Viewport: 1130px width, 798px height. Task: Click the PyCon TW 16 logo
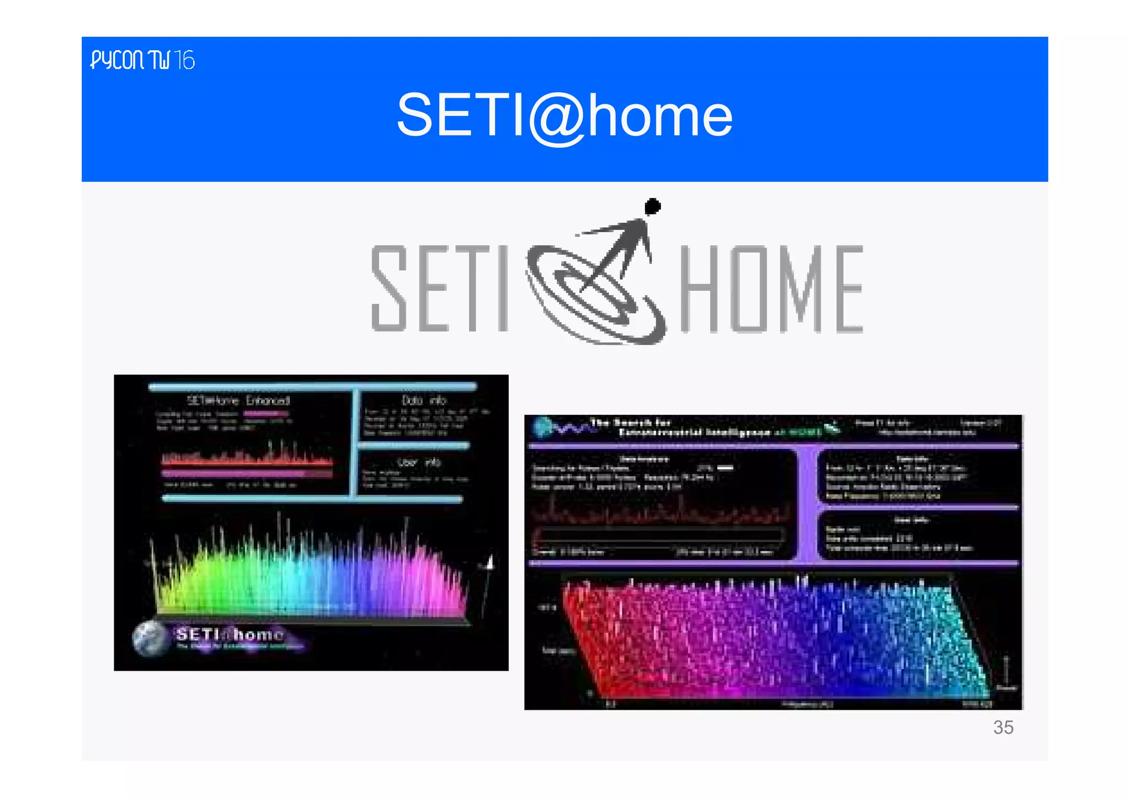[x=142, y=60]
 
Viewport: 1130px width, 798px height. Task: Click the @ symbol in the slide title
[x=556, y=117]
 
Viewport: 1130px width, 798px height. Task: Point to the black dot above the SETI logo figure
[x=653, y=207]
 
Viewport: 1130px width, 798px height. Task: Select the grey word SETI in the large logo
[x=439, y=288]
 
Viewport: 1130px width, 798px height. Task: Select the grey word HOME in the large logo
[x=771, y=289]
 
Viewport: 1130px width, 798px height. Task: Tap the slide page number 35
[x=1003, y=727]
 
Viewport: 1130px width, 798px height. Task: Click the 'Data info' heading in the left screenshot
[x=423, y=400]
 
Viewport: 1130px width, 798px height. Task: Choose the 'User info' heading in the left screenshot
[x=419, y=462]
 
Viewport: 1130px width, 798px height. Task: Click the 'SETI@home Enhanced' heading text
[x=238, y=400]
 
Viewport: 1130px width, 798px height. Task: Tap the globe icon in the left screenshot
[x=151, y=638]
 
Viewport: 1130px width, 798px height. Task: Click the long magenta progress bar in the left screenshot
[x=247, y=474]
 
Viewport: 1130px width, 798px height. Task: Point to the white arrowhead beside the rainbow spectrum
[x=488, y=562]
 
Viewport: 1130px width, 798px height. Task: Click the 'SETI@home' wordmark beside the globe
[x=230, y=634]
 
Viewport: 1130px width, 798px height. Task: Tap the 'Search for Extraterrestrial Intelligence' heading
[x=679, y=427]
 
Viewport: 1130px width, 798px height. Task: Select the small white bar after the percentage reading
[x=725, y=468]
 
